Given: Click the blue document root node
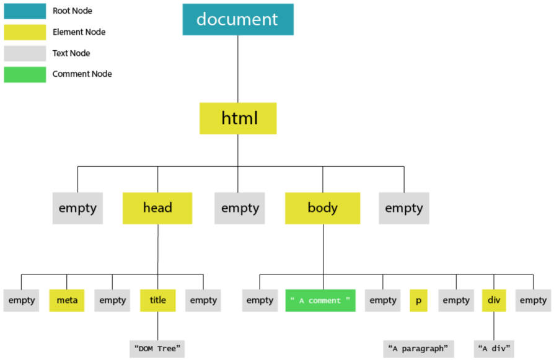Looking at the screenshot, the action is click(x=238, y=19).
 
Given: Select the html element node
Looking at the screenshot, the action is click(x=238, y=118).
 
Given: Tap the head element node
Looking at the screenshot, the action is click(x=157, y=208).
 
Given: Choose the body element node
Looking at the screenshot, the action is click(x=323, y=208).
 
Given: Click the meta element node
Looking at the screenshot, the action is click(x=67, y=301).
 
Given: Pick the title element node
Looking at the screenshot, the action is click(x=157, y=301).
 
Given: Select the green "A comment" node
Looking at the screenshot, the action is click(x=320, y=301).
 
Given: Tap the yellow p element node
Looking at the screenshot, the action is click(x=418, y=301).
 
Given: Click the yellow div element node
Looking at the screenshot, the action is click(x=494, y=301).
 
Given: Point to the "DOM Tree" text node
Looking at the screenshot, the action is click(x=157, y=349).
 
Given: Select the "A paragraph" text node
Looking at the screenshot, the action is click(x=418, y=349).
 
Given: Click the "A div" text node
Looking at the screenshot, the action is click(x=494, y=349).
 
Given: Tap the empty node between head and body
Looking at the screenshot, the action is click(x=240, y=208).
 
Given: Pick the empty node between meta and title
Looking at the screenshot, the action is click(x=112, y=301).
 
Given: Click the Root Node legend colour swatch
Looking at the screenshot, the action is click(x=25, y=11).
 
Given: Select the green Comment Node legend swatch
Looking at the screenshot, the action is click(x=25, y=74).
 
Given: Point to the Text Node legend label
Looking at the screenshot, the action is click(x=71, y=53).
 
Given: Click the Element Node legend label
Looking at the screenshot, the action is click(x=79, y=32).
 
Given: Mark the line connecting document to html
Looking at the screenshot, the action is click(x=238, y=69).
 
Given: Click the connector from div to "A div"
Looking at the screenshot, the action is click(x=494, y=326).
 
